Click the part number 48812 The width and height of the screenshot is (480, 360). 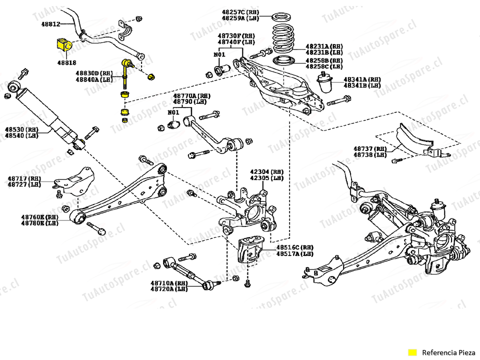point(50,23)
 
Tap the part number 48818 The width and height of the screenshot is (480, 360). point(66,63)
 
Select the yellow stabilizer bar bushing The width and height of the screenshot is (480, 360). point(62,44)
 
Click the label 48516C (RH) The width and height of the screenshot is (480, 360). point(295,247)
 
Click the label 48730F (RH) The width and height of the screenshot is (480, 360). point(236,36)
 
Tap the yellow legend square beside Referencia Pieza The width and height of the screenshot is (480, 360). point(412,352)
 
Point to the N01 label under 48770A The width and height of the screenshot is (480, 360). point(173,112)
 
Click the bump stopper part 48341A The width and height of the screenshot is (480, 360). point(326,82)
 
